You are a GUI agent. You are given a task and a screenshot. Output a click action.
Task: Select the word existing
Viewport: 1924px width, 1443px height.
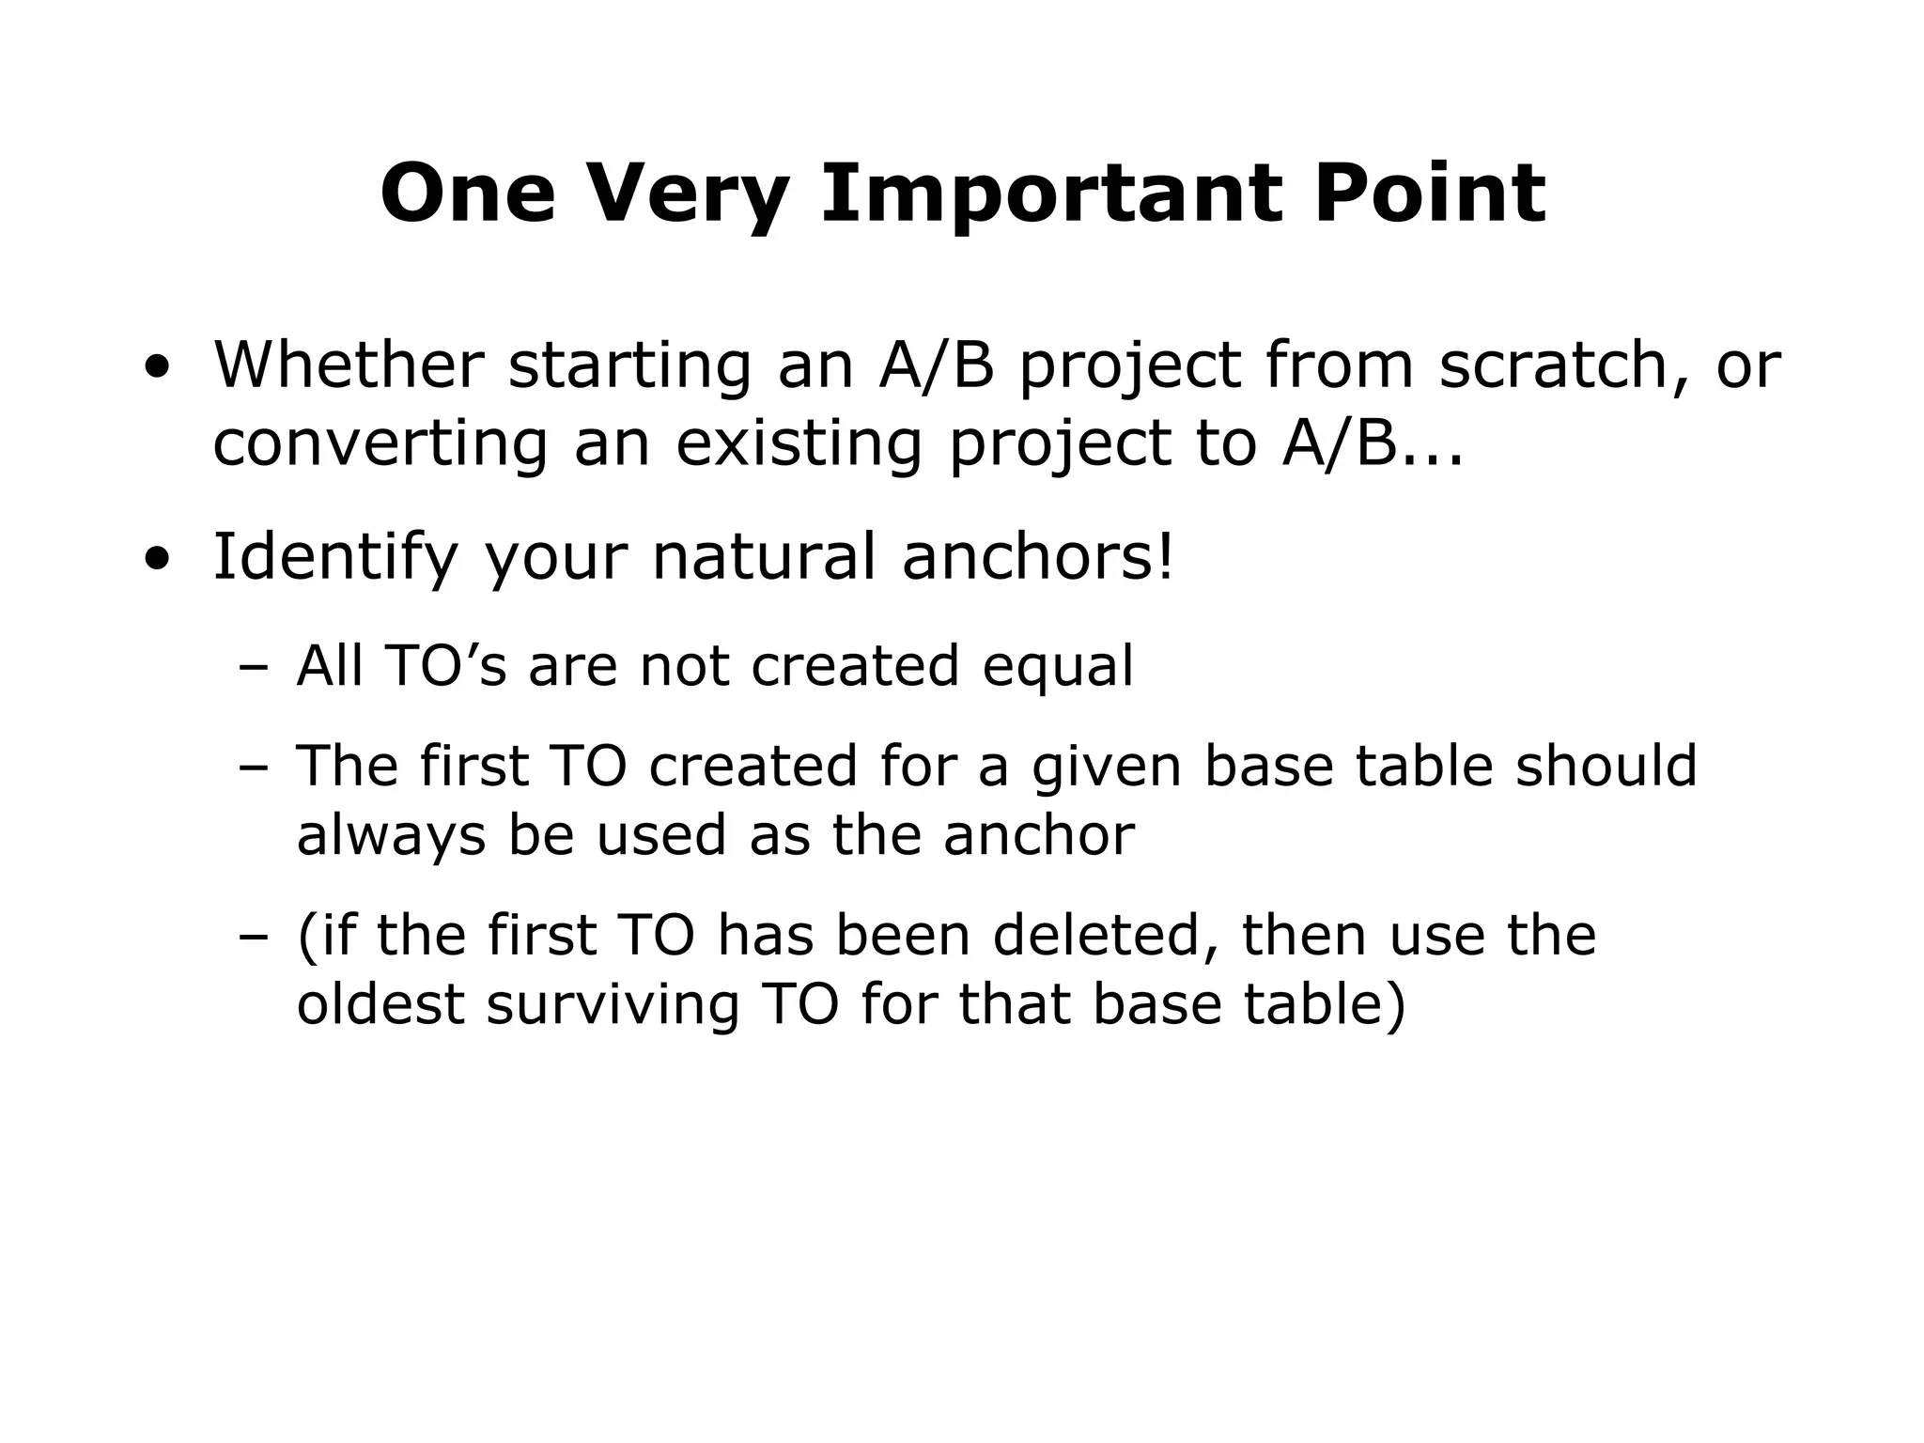click(799, 443)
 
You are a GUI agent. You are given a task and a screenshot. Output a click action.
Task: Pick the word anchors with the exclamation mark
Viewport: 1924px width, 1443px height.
click(1037, 557)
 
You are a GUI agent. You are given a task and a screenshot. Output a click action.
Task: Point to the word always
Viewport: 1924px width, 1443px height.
click(391, 835)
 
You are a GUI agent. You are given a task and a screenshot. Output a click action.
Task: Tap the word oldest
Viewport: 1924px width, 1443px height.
click(380, 1004)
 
